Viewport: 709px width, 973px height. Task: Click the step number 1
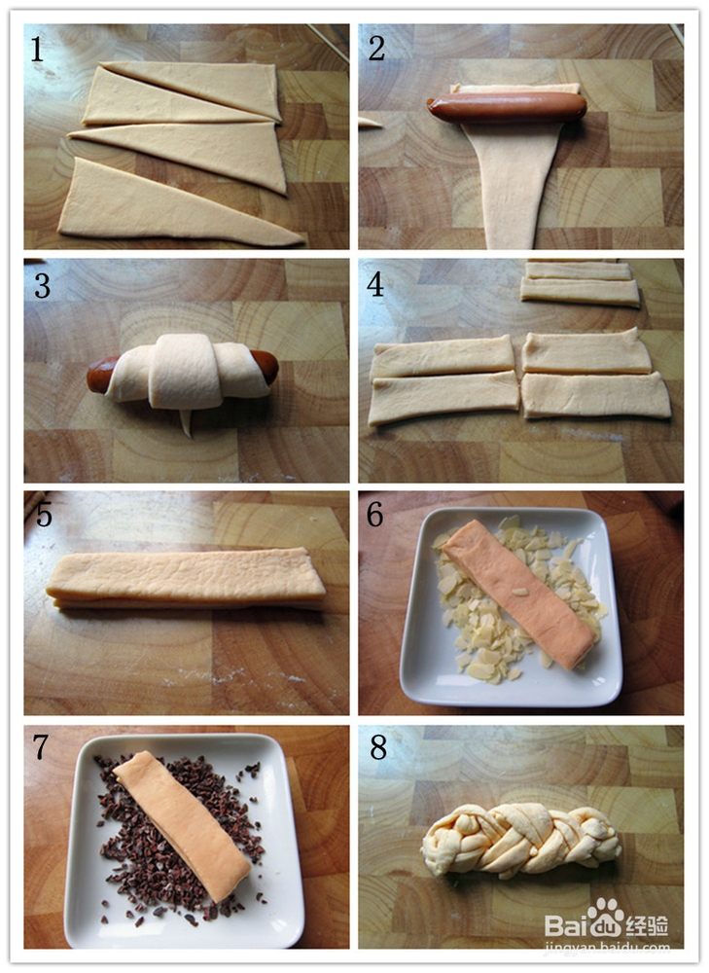[37, 50]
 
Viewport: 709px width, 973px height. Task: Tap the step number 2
[376, 49]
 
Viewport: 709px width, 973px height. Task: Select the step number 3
[42, 285]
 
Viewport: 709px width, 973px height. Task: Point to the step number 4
[375, 285]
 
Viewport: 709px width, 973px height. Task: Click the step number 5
[44, 514]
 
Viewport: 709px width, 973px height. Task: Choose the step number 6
[374, 515]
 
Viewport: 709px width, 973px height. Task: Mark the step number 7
[40, 747]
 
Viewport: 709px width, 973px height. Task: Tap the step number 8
[378, 748]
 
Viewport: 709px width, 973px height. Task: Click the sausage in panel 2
[506, 107]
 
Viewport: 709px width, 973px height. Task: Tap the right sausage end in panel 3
[266, 366]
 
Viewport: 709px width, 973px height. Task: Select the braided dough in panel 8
[521, 841]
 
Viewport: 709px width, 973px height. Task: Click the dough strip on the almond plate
[518, 594]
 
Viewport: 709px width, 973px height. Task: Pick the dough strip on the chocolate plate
[181, 824]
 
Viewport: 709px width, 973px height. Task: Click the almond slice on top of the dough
[519, 592]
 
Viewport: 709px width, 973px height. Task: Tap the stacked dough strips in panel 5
[186, 578]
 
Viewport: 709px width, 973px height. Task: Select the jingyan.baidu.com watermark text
[607, 948]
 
